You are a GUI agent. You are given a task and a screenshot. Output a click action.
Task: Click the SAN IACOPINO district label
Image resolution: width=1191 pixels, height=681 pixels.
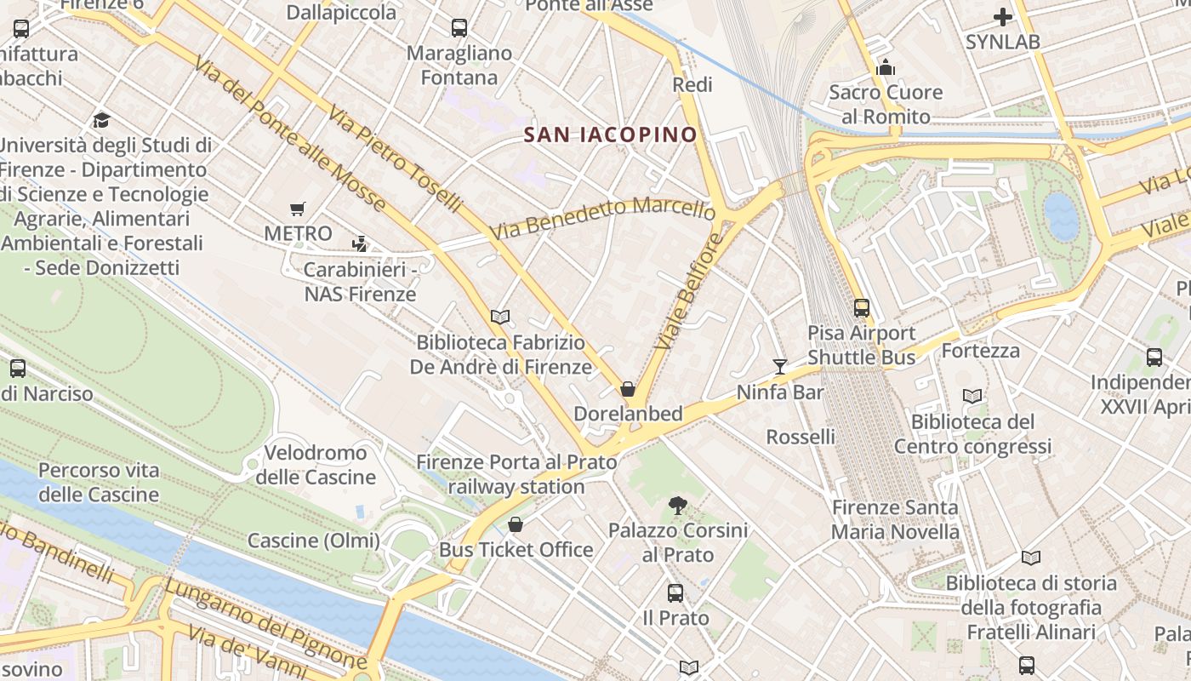tap(610, 134)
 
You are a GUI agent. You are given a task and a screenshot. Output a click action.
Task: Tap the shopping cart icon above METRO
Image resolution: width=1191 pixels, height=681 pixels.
tap(298, 209)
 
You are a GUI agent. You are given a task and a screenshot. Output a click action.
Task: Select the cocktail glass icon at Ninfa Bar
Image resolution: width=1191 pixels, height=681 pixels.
tap(779, 367)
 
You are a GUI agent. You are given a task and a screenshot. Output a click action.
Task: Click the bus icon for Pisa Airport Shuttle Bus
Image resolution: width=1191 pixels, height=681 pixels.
tap(861, 308)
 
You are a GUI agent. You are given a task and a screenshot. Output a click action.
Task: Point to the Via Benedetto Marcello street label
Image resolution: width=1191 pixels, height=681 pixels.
tap(602, 218)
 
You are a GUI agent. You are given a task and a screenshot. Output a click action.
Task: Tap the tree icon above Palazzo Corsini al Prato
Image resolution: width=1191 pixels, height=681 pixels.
tap(677, 506)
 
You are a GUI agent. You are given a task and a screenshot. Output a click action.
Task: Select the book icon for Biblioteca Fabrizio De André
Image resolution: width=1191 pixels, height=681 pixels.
tap(500, 318)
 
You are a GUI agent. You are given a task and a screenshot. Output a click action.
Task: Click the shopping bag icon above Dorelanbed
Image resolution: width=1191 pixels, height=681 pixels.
tap(628, 389)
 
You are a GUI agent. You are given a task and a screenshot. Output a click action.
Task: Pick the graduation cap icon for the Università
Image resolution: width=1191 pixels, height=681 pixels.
tap(102, 120)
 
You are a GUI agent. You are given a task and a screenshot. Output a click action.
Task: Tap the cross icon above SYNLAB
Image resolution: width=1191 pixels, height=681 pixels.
tap(1003, 17)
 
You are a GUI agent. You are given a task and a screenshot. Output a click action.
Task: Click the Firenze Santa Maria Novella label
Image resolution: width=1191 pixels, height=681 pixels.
tap(895, 520)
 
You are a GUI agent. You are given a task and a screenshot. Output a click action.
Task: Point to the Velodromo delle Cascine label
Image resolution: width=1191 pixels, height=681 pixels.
tap(316, 465)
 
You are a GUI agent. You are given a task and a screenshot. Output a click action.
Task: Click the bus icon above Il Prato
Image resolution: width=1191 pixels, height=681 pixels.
tap(675, 592)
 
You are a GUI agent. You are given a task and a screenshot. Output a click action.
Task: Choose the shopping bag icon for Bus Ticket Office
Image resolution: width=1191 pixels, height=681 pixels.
tap(515, 524)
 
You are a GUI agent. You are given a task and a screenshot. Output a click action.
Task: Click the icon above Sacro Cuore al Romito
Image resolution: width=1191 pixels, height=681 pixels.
tap(886, 67)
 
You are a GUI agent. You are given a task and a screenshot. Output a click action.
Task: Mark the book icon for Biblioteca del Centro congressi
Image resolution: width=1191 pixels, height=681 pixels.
tap(972, 396)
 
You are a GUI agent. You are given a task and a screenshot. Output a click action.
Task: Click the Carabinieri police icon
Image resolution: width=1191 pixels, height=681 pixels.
tap(360, 244)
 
